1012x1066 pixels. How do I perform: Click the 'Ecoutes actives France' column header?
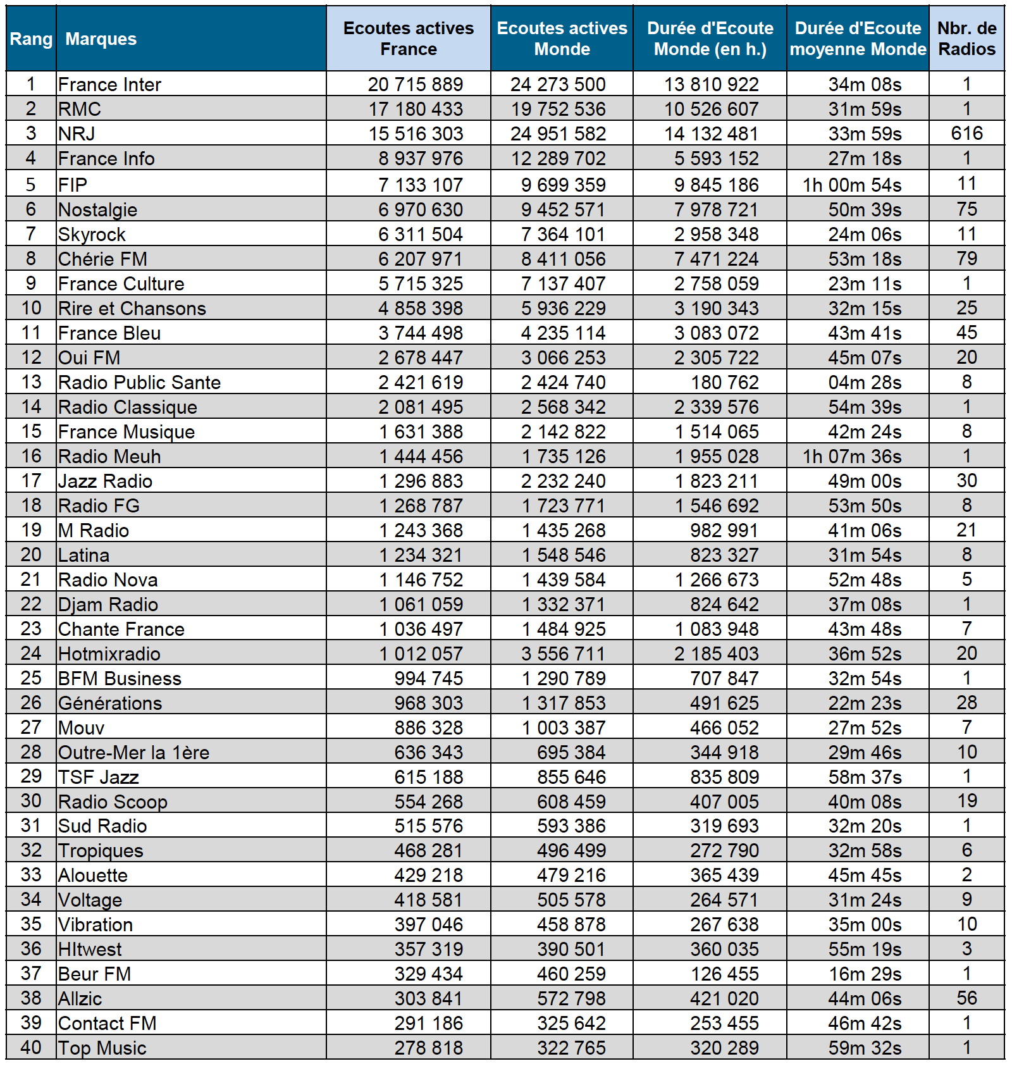408,39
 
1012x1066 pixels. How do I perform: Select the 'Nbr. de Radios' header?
966,39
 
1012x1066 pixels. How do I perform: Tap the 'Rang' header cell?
31,39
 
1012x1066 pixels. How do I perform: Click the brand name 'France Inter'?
109,85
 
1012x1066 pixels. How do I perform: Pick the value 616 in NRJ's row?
966,133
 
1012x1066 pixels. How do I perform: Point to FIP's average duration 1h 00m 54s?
852,185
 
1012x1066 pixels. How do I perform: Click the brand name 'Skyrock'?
92,235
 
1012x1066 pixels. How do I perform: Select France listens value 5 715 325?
421,284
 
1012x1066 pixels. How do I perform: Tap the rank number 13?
31,382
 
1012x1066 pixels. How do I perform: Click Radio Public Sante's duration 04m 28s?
865,383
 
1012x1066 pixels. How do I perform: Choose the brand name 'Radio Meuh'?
109,457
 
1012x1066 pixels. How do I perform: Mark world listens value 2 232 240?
563,481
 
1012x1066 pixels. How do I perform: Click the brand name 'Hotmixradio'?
109,654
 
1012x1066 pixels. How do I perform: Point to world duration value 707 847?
724,679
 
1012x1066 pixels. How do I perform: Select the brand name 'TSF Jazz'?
98,778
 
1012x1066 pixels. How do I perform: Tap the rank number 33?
31,875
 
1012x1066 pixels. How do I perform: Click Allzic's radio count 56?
966,998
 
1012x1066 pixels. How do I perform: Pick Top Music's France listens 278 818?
429,1048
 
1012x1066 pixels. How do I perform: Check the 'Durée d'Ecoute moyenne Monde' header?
858,39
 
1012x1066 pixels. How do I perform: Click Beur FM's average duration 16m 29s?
865,974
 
